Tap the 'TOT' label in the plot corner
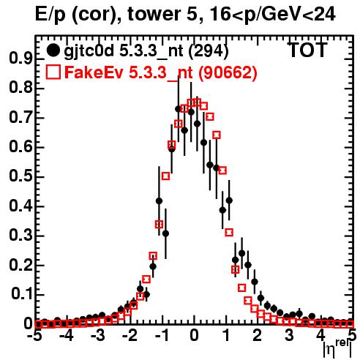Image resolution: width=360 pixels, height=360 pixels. click(308, 50)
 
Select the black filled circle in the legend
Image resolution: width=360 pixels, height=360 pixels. click(53, 50)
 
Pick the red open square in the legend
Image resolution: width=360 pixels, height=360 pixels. click(53, 72)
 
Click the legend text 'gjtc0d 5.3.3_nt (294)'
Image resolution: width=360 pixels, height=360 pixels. click(146, 51)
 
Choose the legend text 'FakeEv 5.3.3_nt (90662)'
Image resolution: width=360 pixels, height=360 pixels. click(161, 72)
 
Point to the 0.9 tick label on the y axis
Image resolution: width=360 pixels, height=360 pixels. click(20, 59)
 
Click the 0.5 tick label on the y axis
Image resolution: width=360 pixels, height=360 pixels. click(20, 176)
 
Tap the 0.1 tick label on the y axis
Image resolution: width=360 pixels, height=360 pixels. click(21, 294)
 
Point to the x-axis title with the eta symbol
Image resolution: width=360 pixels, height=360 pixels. click(338, 349)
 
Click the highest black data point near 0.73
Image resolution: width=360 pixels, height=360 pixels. click(179, 109)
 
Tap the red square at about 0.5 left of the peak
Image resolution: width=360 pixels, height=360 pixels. click(165, 176)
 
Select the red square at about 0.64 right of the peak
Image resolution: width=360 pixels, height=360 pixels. click(217, 135)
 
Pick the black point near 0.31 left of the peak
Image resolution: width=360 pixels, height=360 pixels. click(165, 233)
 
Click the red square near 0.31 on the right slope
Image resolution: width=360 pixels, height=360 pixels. click(229, 233)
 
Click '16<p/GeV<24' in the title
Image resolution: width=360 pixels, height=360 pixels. click(272, 14)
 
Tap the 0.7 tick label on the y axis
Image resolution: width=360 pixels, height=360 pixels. click(20, 117)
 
